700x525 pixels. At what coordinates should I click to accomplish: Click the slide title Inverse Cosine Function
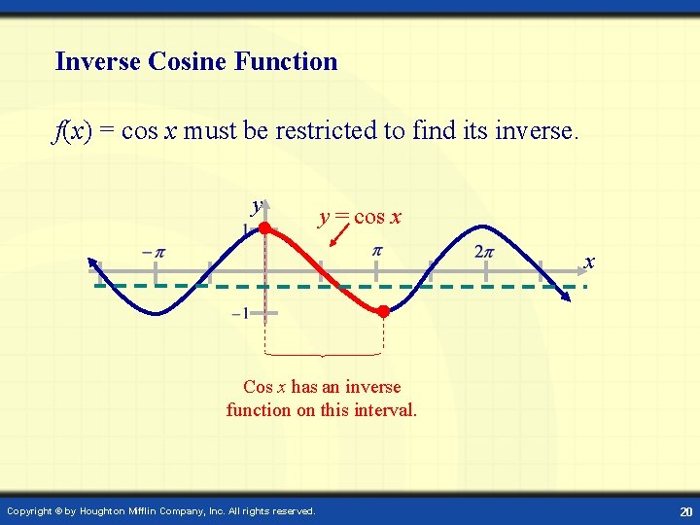pyautogui.click(x=196, y=62)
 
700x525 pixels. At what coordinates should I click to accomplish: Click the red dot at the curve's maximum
pyautogui.click(x=264, y=227)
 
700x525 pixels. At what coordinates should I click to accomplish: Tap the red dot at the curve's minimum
pyautogui.click(x=383, y=312)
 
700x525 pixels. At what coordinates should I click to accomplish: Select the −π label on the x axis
pyautogui.click(x=153, y=253)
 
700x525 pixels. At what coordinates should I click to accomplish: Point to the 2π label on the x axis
pyautogui.click(x=484, y=253)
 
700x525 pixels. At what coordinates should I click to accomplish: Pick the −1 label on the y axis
pyautogui.click(x=240, y=313)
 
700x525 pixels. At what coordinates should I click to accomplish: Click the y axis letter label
pyautogui.click(x=256, y=206)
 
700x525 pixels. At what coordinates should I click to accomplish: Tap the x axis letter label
pyautogui.click(x=589, y=262)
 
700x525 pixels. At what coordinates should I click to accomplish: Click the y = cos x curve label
pyautogui.click(x=359, y=217)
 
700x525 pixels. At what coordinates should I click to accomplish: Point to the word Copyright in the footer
pyautogui.click(x=30, y=510)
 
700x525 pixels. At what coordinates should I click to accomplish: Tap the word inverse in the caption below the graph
pyautogui.click(x=373, y=387)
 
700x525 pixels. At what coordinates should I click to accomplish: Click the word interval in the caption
pyautogui.click(x=386, y=410)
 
